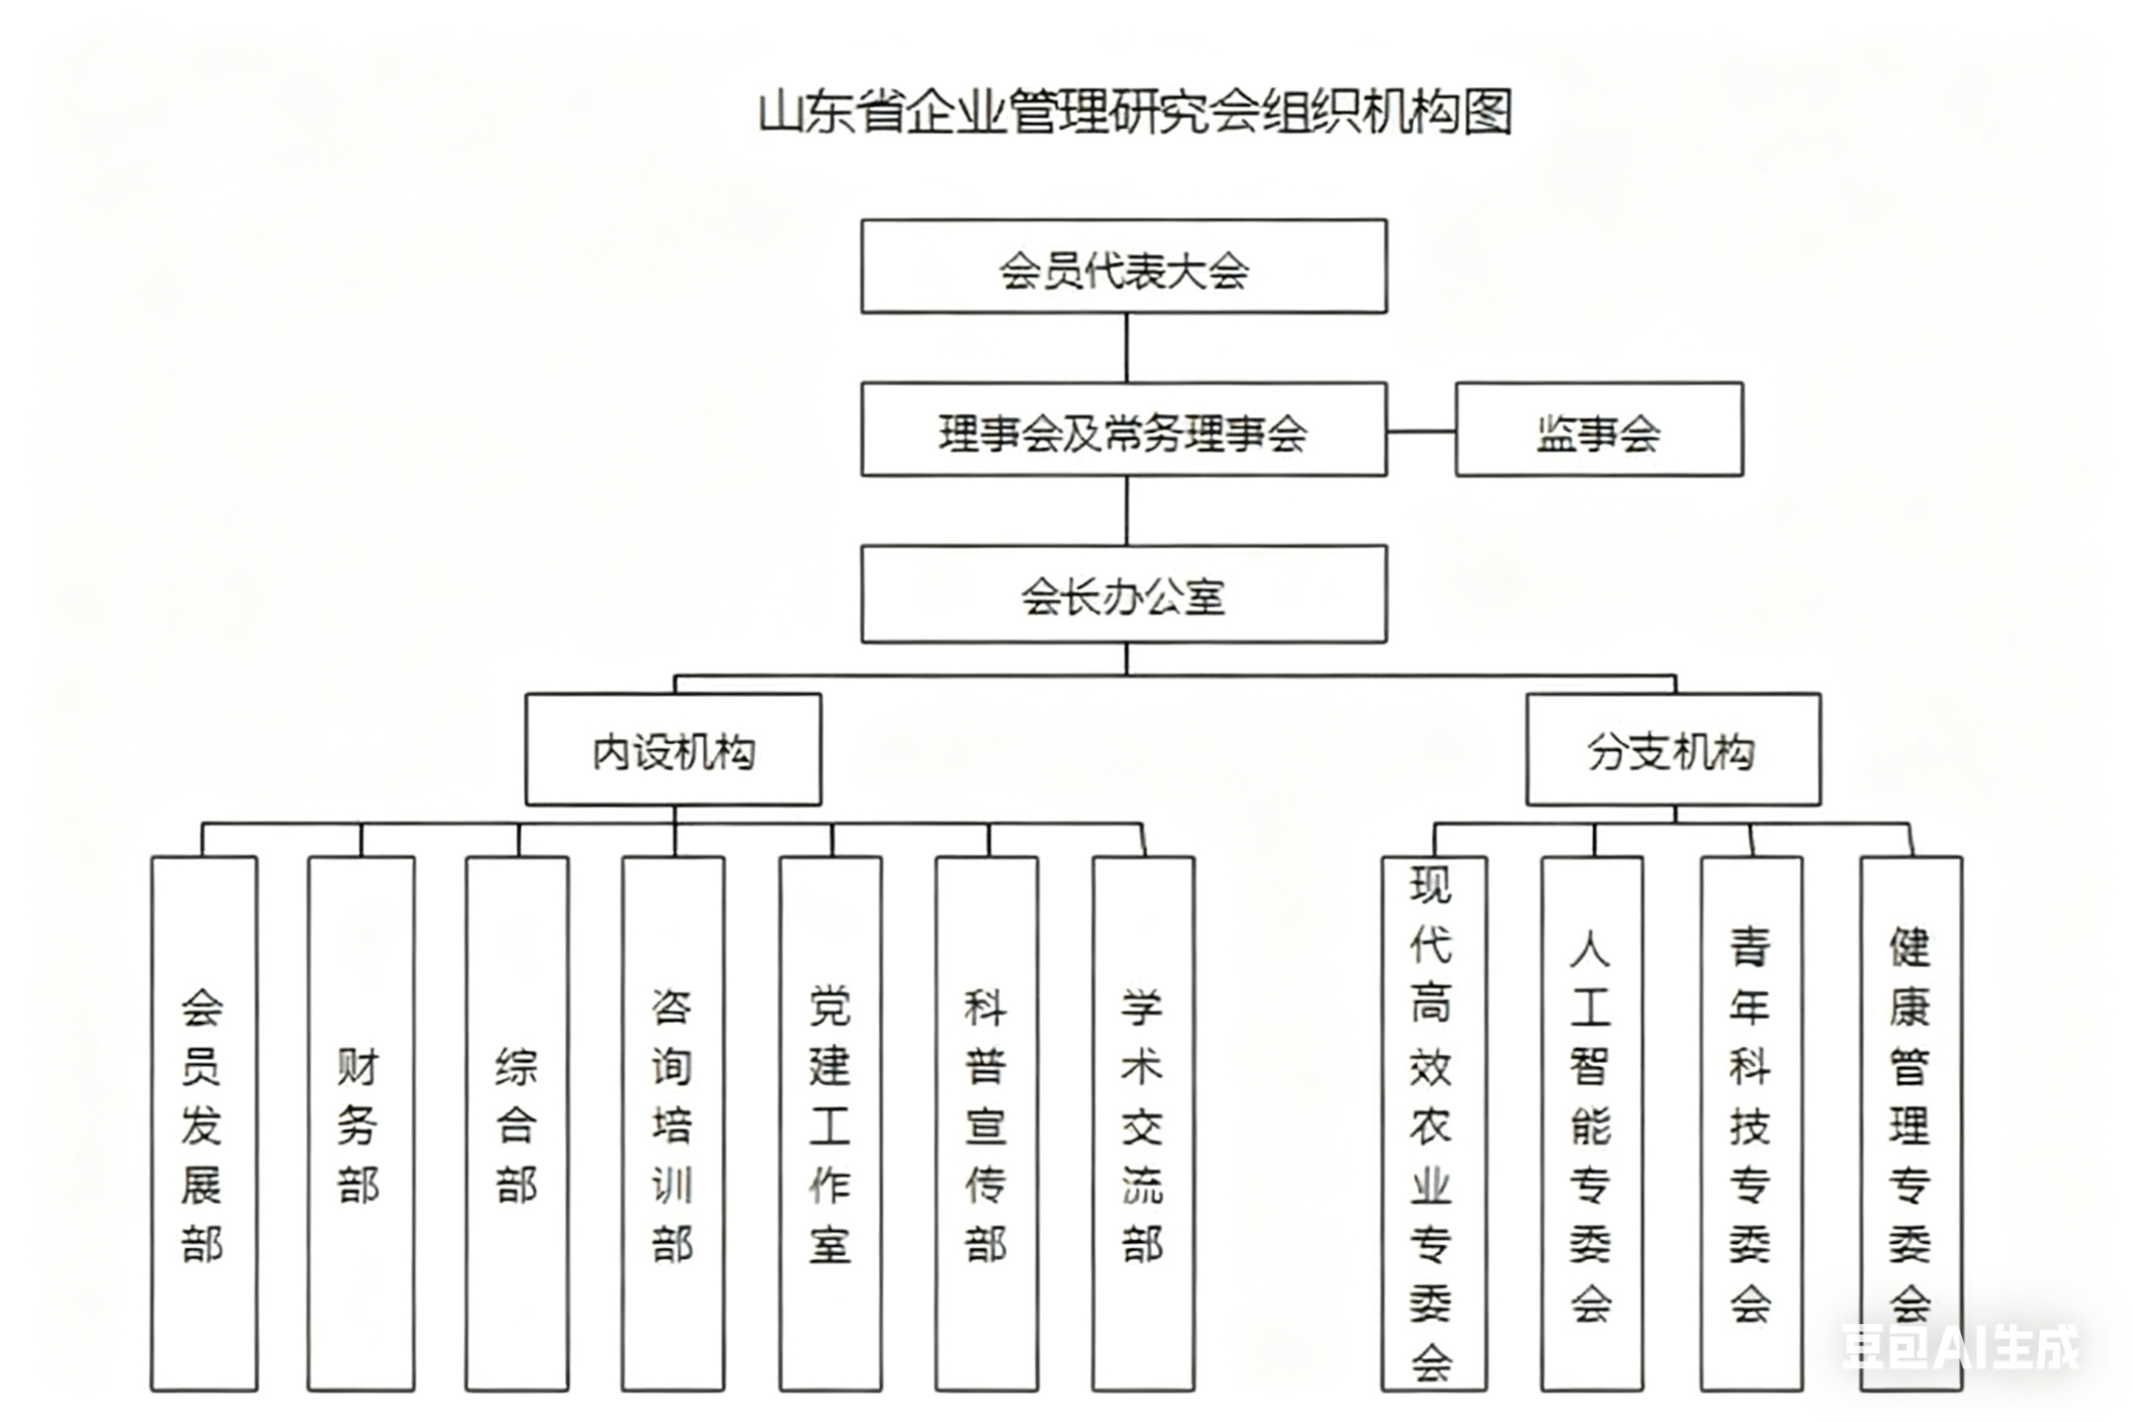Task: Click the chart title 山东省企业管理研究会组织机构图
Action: click(x=1135, y=112)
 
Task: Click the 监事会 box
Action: click(x=1598, y=429)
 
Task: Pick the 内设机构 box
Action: click(x=673, y=750)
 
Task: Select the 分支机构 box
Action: click(x=1672, y=750)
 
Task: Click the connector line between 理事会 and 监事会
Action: click(x=1421, y=432)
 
